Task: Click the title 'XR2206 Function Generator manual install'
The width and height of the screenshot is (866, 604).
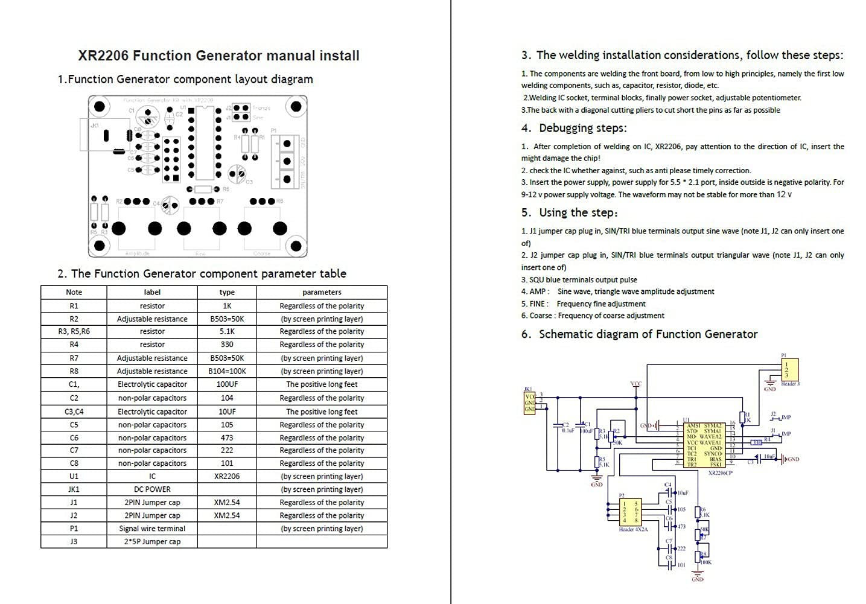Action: click(218, 56)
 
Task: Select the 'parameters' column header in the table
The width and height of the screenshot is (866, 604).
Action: click(322, 292)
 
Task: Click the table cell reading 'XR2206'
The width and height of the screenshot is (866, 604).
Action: click(227, 476)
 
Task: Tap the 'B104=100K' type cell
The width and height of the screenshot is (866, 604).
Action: click(227, 371)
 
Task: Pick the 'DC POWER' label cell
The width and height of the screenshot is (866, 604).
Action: click(152, 489)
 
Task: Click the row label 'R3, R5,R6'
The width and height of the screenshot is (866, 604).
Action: click(74, 331)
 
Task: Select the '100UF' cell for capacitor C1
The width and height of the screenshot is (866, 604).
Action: click(227, 384)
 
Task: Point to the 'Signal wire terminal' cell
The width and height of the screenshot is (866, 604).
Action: click(152, 529)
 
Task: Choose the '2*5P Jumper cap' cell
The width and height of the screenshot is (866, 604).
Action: click(152, 541)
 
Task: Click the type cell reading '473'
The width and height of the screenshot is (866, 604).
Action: click(227, 437)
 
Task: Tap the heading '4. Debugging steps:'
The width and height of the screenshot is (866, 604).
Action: click(574, 128)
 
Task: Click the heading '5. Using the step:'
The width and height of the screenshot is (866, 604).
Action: click(570, 212)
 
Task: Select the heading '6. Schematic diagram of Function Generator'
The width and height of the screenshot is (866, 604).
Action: click(639, 334)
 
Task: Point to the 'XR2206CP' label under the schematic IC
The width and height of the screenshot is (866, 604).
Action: click(720, 474)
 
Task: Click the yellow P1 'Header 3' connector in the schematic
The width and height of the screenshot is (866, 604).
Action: click(789, 369)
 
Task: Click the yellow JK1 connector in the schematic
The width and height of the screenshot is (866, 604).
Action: click(529, 402)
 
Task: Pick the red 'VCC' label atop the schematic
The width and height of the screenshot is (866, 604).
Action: click(635, 384)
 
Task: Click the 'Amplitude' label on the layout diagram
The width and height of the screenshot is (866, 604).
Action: click(137, 254)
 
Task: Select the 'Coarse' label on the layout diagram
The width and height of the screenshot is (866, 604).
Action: click(262, 254)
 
